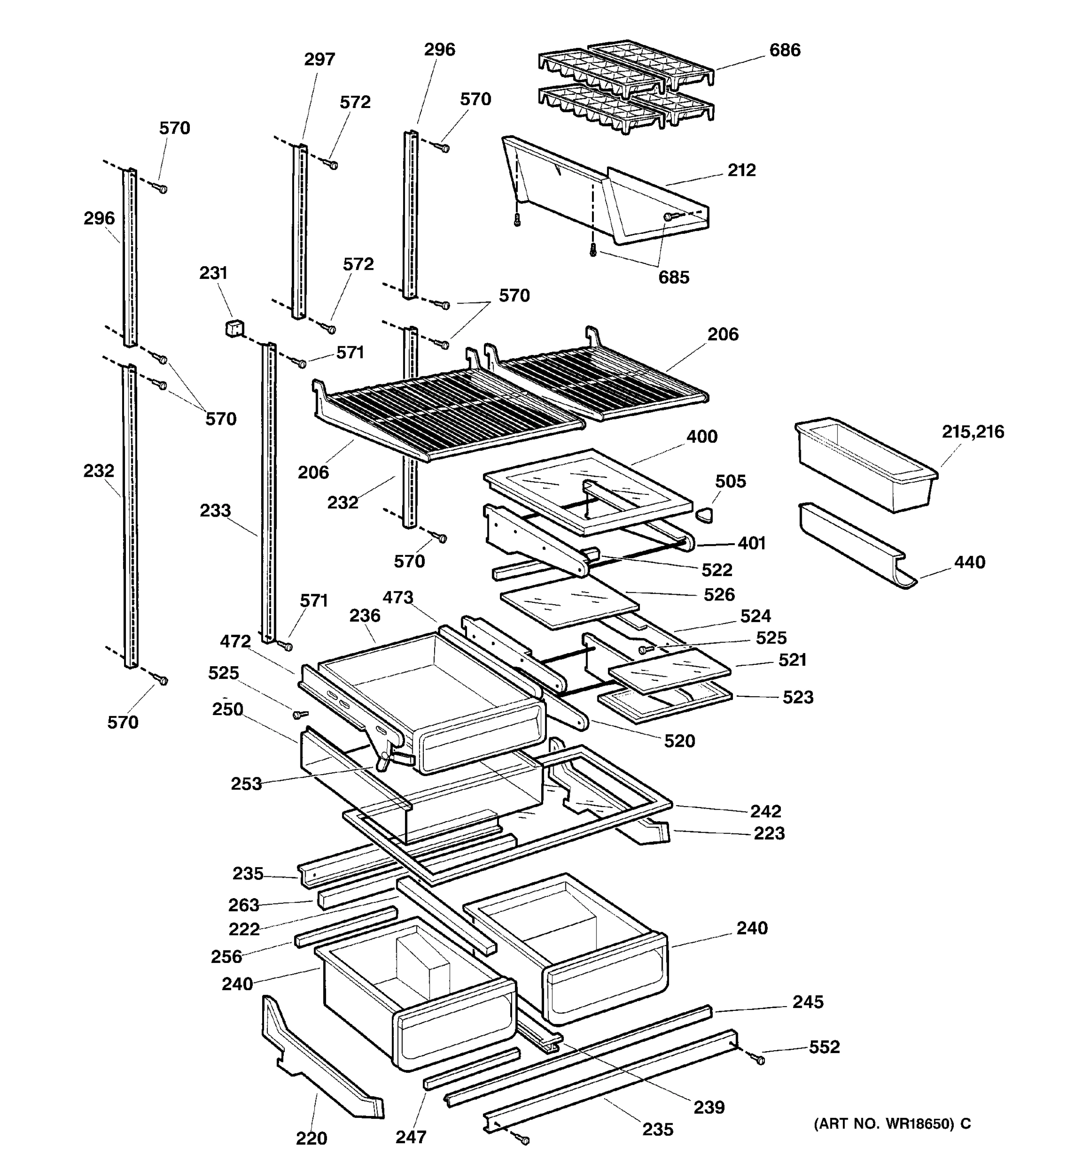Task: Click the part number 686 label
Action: tap(784, 50)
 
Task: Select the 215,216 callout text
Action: tap(972, 432)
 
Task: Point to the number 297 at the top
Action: tap(319, 59)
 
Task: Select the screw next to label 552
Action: tap(760, 1059)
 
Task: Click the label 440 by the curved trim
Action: tap(969, 562)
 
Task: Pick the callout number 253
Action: tap(246, 784)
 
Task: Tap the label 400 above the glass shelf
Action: tap(701, 437)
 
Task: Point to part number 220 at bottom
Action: tap(311, 1138)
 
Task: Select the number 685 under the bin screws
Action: tap(674, 277)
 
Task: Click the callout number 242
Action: tap(765, 811)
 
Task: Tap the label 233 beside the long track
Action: tap(215, 510)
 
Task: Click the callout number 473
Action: tap(398, 597)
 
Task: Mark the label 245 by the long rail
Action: tap(808, 1002)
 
